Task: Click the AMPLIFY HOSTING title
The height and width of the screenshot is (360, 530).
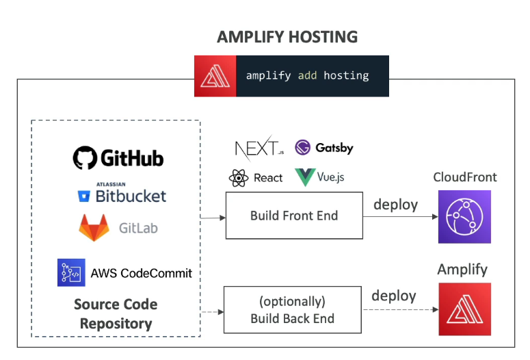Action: tap(287, 36)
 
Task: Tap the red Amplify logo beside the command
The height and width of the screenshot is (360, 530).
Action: tap(214, 76)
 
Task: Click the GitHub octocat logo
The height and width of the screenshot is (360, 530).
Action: tap(85, 158)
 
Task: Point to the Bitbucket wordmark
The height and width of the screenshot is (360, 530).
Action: tap(131, 196)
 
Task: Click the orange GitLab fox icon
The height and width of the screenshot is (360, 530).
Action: tap(94, 228)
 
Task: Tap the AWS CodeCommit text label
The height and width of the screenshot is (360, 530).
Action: tap(142, 273)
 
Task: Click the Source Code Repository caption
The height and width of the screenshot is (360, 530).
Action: tap(116, 314)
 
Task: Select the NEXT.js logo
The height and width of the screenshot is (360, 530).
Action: tap(259, 147)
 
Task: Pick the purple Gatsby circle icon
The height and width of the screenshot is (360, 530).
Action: tap(303, 147)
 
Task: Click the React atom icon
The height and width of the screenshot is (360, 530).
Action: tap(238, 179)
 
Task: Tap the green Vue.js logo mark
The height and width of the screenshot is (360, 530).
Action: tap(304, 178)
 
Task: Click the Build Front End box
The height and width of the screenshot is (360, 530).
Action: tap(294, 216)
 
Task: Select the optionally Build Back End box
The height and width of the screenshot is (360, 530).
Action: tap(293, 310)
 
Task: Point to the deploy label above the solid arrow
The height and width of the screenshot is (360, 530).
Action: tap(395, 204)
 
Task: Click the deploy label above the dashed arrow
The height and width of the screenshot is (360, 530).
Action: tap(394, 296)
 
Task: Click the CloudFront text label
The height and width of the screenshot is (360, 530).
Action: tap(465, 177)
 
